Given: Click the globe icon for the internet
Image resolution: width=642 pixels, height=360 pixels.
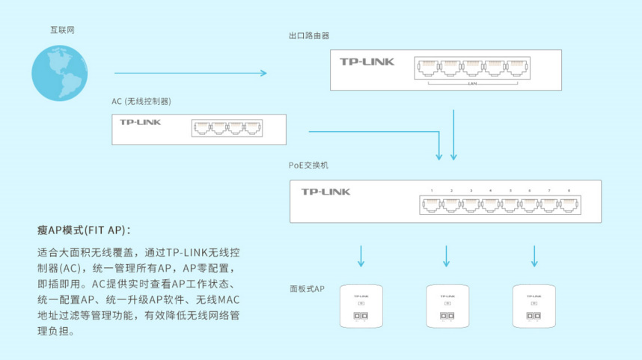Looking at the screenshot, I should click(x=59, y=73).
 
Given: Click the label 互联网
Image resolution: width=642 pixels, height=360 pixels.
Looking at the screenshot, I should click(x=62, y=30).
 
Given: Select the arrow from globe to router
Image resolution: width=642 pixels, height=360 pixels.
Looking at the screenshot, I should click(x=190, y=73).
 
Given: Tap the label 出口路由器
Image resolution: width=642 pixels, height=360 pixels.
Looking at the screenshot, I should click(x=309, y=36).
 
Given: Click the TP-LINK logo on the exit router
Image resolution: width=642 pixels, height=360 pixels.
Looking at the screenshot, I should click(x=367, y=62).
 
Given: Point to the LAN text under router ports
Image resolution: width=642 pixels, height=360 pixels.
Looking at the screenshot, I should click(x=471, y=84).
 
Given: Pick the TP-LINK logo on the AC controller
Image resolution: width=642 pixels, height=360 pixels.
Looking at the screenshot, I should click(x=140, y=121).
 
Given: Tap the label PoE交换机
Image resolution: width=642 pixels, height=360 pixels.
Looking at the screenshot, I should click(x=308, y=165).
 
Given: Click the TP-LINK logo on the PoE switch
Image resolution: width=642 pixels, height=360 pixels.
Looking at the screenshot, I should click(x=325, y=192).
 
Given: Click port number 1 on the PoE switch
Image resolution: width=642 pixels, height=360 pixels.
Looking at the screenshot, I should click(x=432, y=191).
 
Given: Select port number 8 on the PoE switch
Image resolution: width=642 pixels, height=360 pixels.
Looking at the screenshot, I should click(x=569, y=191).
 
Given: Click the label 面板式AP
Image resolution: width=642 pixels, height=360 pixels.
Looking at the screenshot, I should click(x=307, y=288).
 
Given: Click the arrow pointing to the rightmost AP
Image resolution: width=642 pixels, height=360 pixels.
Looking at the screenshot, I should click(x=534, y=255).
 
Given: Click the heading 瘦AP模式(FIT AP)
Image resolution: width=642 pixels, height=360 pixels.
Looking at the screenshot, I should click(x=83, y=229).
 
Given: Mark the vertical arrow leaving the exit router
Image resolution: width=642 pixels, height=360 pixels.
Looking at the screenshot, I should click(x=453, y=135).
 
